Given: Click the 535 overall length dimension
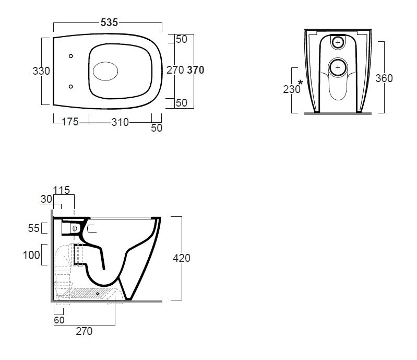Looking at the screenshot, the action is point(109,22).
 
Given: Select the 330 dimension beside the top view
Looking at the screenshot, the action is point(41,71).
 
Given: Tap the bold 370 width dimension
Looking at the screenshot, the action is point(196,70).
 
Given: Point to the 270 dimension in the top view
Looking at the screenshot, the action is point(175,70).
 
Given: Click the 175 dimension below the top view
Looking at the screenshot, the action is point(70,122).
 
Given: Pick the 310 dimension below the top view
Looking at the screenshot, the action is point(120,122).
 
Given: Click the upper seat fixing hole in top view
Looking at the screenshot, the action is point(71,56).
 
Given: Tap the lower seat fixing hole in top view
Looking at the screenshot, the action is point(71,87).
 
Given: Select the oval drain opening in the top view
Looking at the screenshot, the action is point(105,71).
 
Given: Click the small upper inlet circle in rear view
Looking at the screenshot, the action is point(338,42).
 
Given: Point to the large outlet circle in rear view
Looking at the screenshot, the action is point(338,67).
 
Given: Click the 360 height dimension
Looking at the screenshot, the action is point(384,78).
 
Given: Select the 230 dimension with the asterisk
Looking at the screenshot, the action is point(292,89).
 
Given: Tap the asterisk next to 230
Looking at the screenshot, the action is point(300,83).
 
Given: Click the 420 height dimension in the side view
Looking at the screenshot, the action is point(182,258).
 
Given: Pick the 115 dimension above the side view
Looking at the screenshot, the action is point(62,190).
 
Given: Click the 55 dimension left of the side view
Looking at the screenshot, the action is point(34,228).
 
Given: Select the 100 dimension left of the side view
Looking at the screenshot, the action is point(31,255).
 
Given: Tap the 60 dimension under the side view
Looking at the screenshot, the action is point(59,320).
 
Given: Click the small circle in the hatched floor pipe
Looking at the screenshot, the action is point(98,294).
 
